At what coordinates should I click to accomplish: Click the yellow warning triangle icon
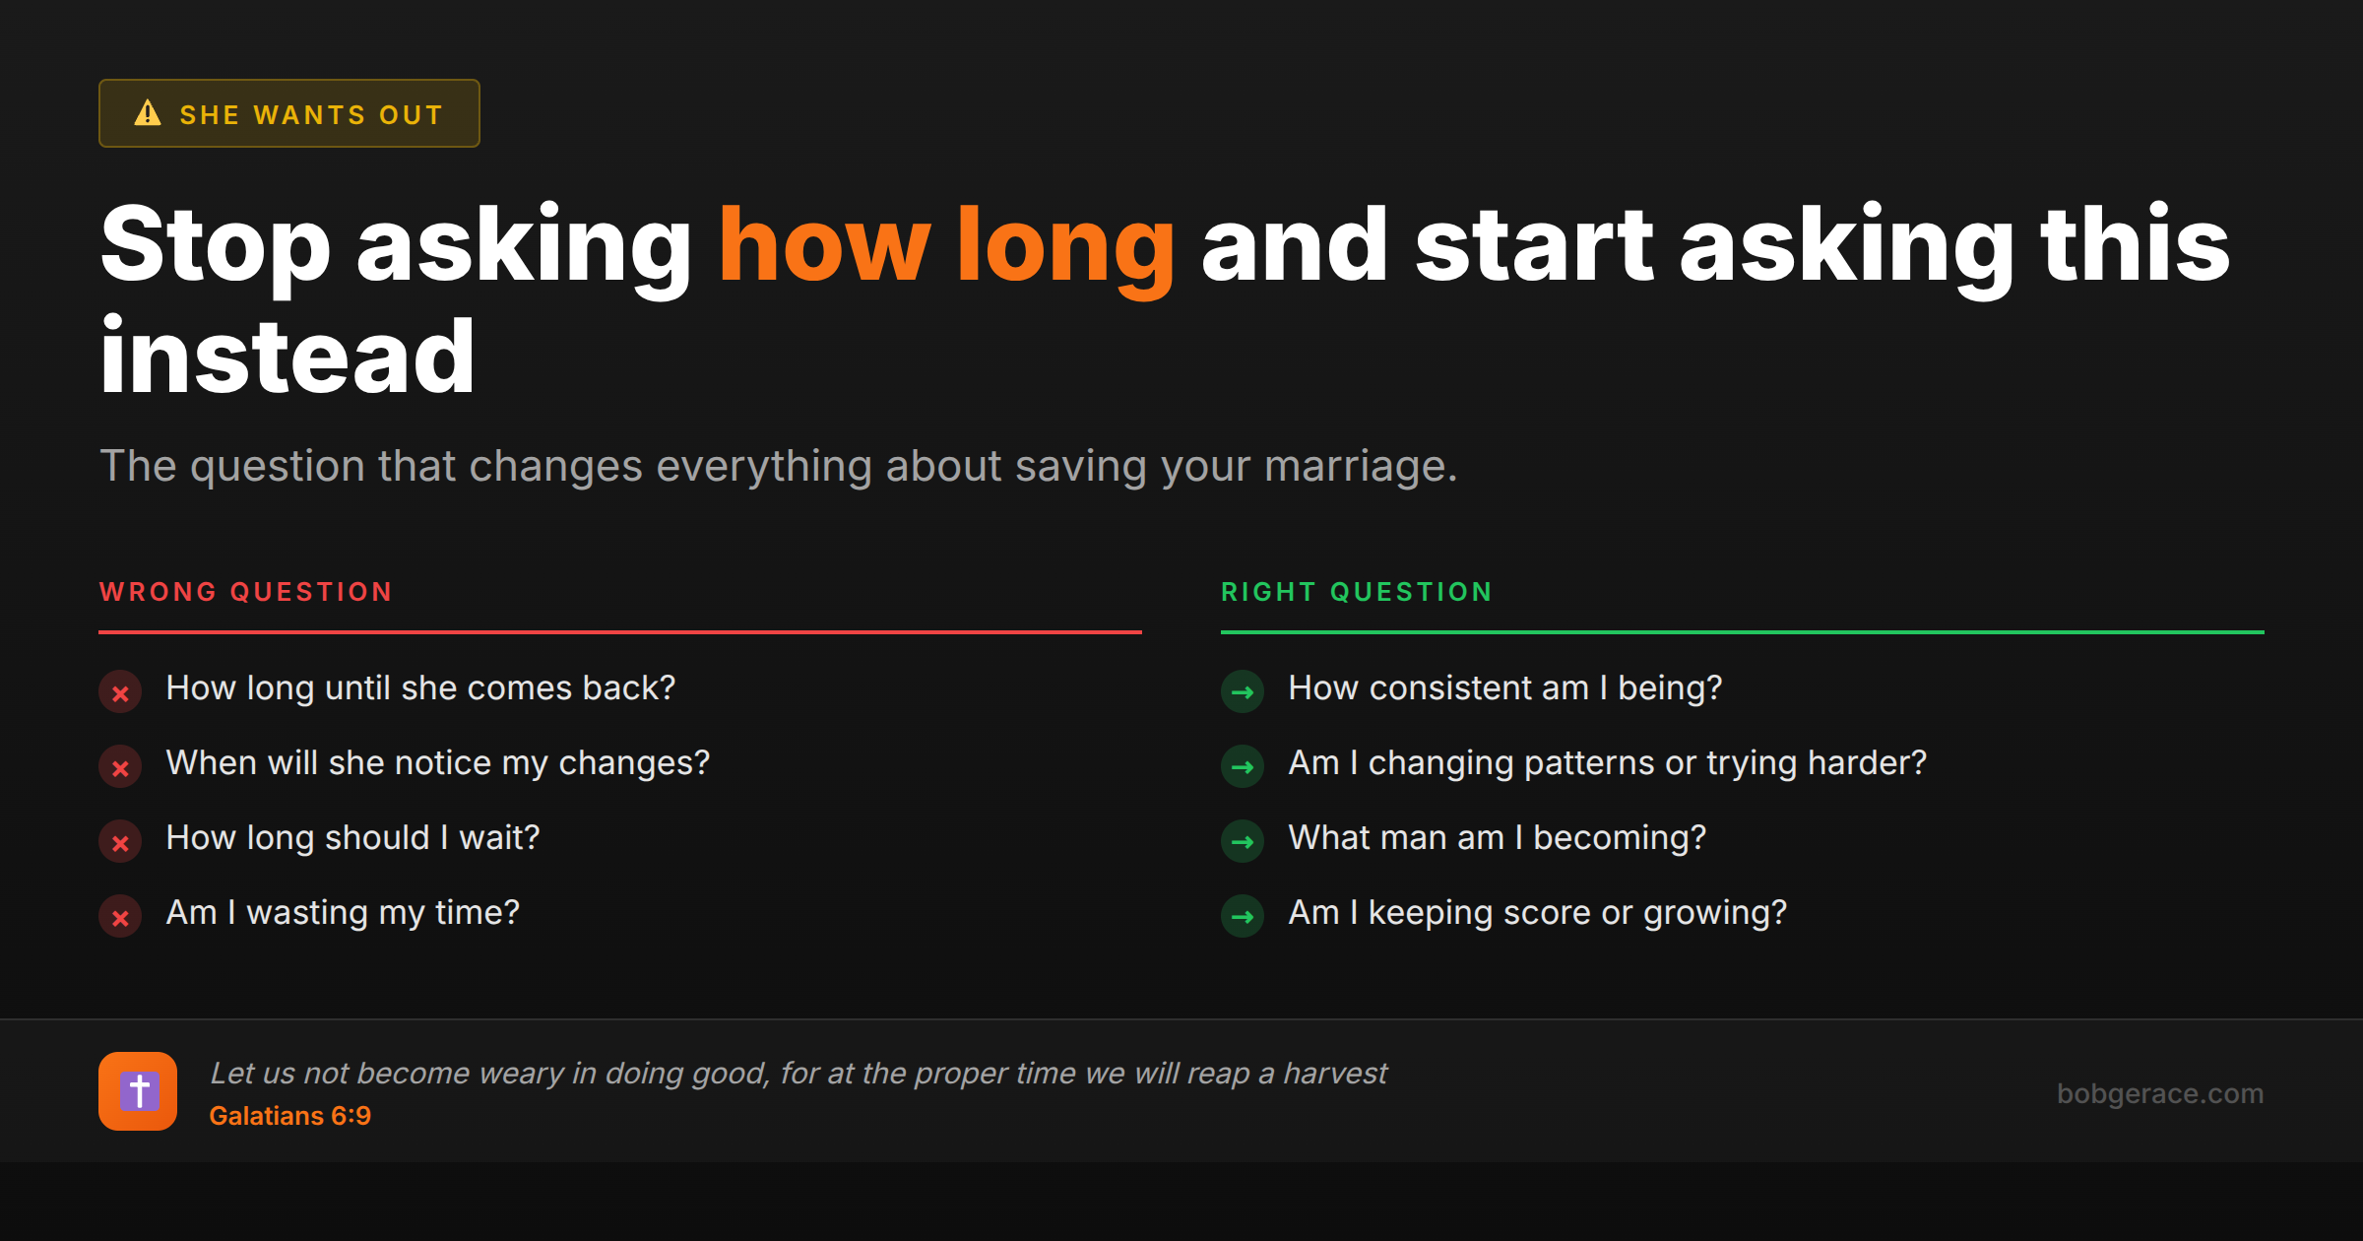tap(148, 113)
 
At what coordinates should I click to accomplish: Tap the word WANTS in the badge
tap(309, 115)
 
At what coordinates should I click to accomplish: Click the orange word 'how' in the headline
tap(824, 246)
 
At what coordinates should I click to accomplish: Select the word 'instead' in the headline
tap(287, 357)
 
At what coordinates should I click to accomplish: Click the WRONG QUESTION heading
tap(246, 592)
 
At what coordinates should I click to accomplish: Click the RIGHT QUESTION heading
tap(1357, 592)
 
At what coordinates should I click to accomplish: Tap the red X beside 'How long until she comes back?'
tap(120, 692)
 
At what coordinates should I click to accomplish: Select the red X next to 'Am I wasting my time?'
tap(120, 917)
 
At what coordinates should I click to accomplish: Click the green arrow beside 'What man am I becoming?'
tap(1243, 842)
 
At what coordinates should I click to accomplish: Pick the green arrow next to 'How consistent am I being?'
tap(1243, 692)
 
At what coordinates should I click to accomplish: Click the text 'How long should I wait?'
tap(352, 837)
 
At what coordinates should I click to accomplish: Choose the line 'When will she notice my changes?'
tap(437, 762)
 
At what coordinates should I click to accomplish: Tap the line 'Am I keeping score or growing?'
tap(1537, 912)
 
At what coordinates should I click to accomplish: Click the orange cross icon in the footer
tap(138, 1091)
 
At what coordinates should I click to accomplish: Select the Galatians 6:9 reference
tap(290, 1116)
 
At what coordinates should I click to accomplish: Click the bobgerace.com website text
tap(2159, 1093)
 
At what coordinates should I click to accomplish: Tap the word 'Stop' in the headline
tap(215, 246)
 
